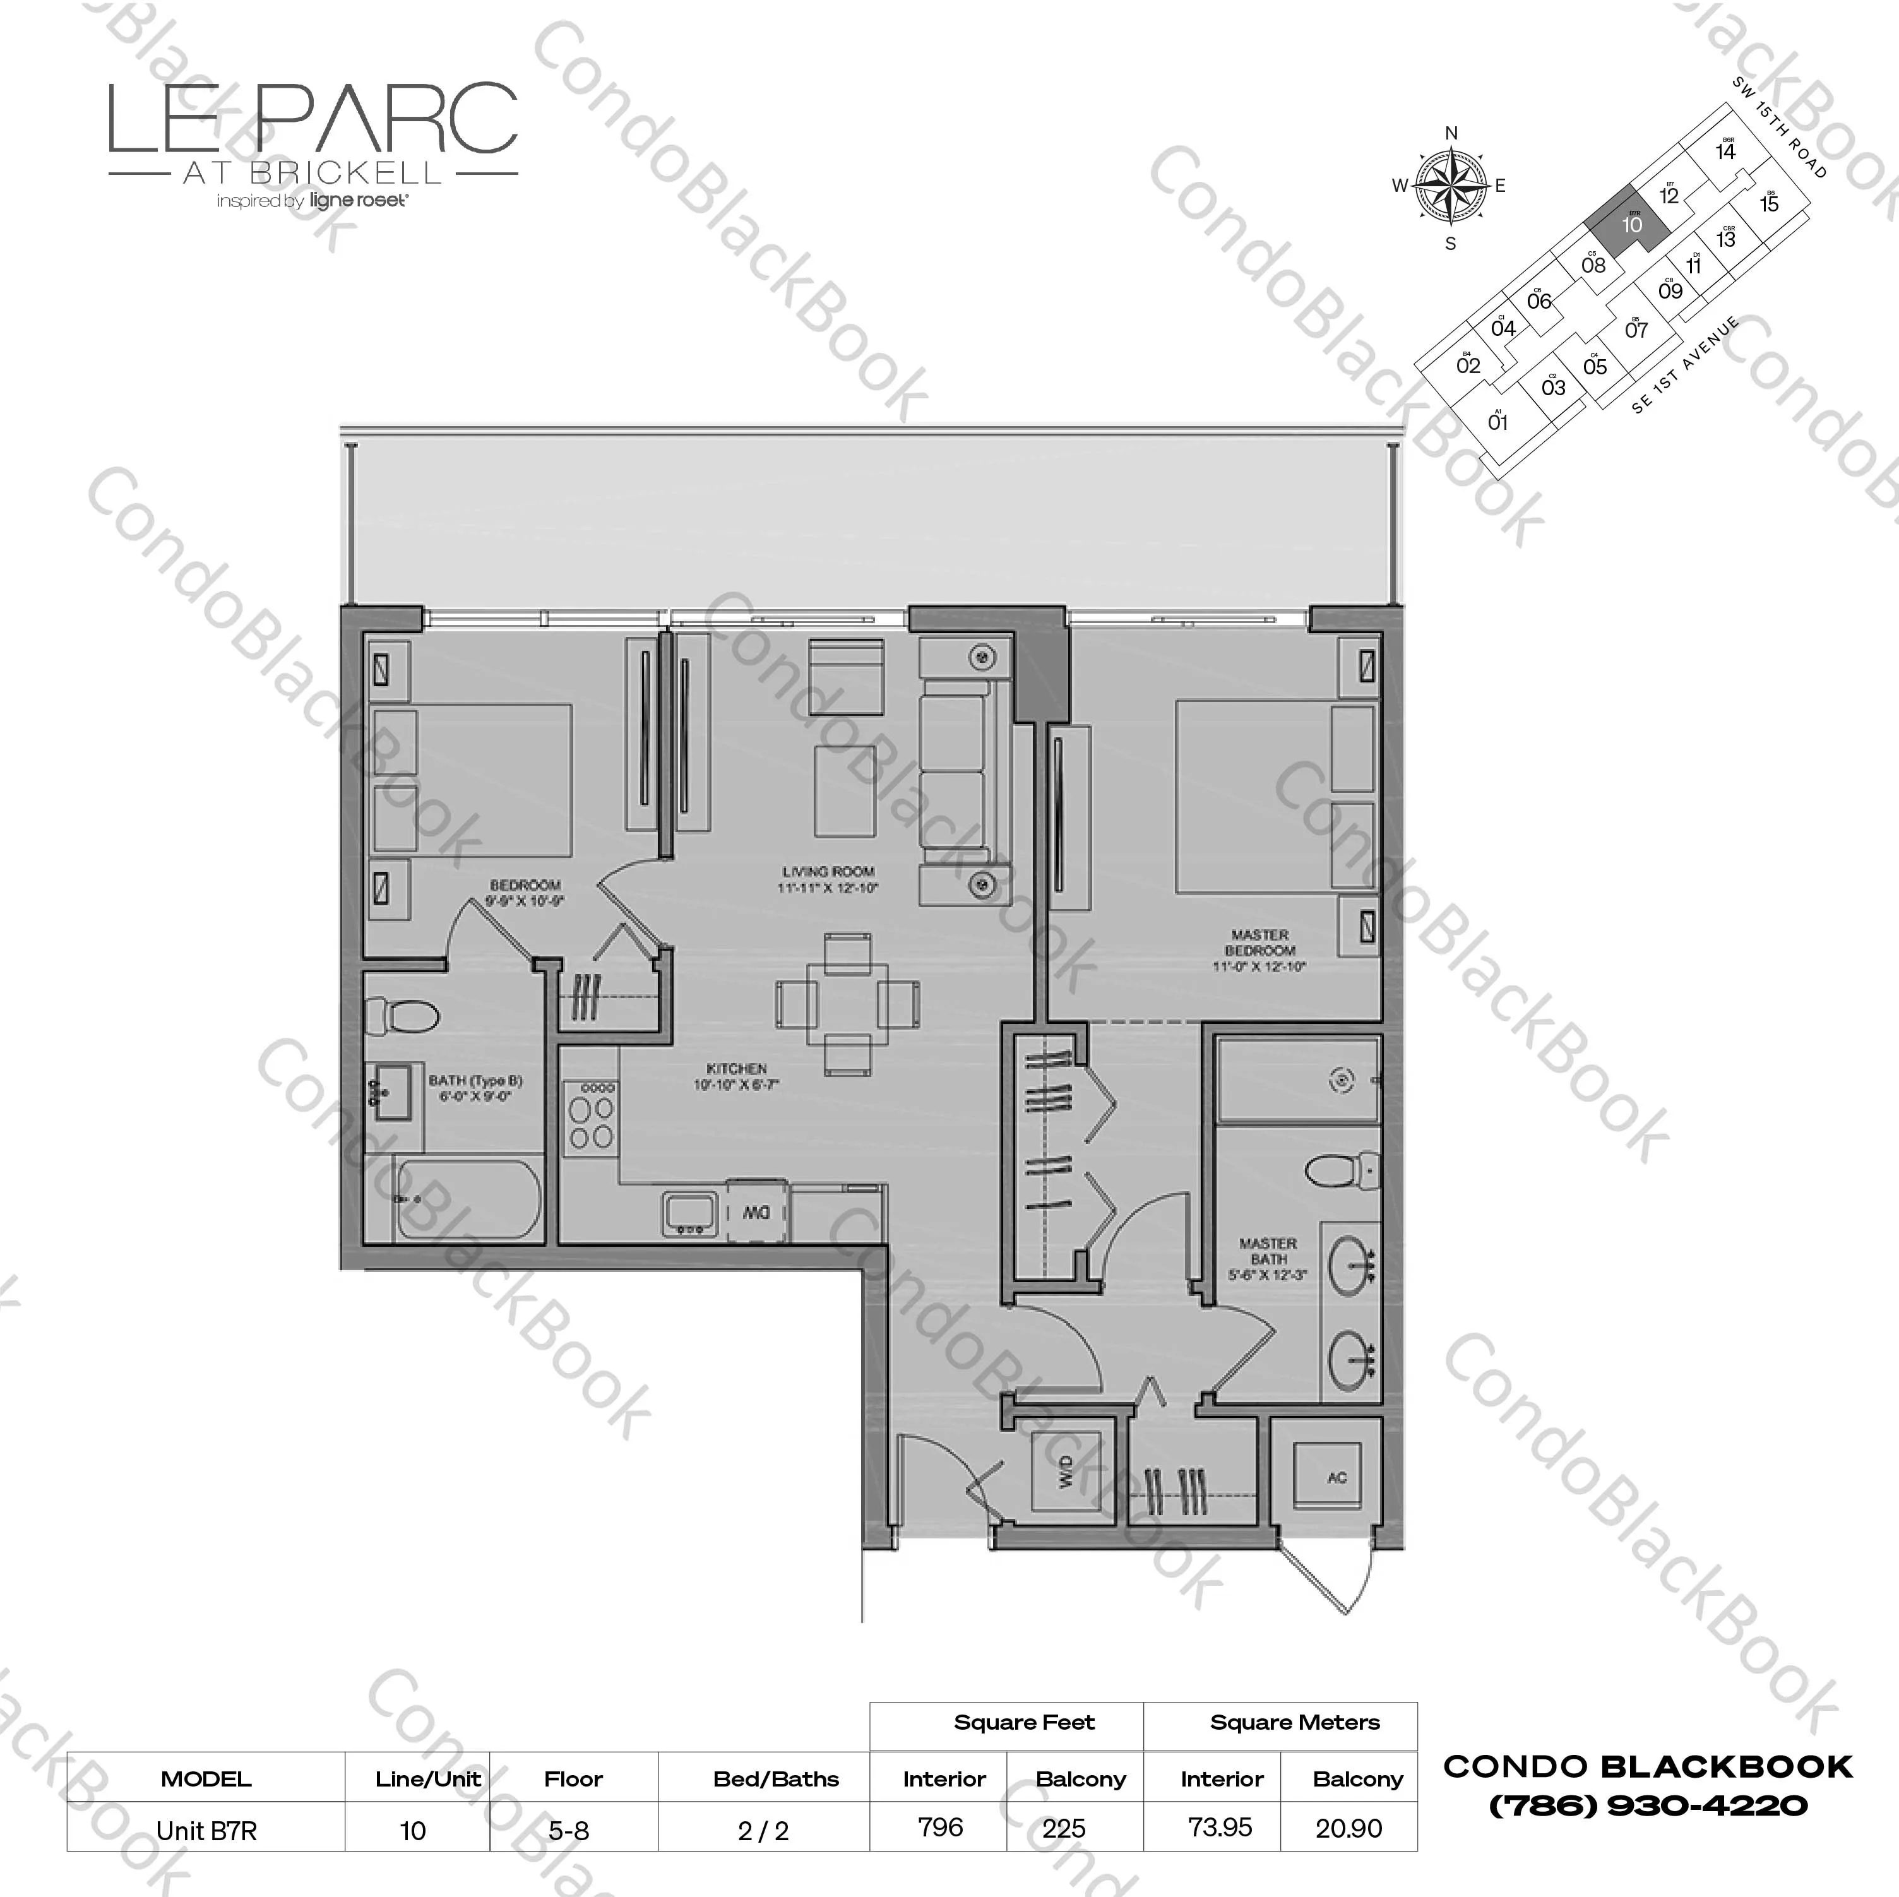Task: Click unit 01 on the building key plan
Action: point(1497,422)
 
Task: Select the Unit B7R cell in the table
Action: point(206,1829)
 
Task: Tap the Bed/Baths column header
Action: point(775,1778)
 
